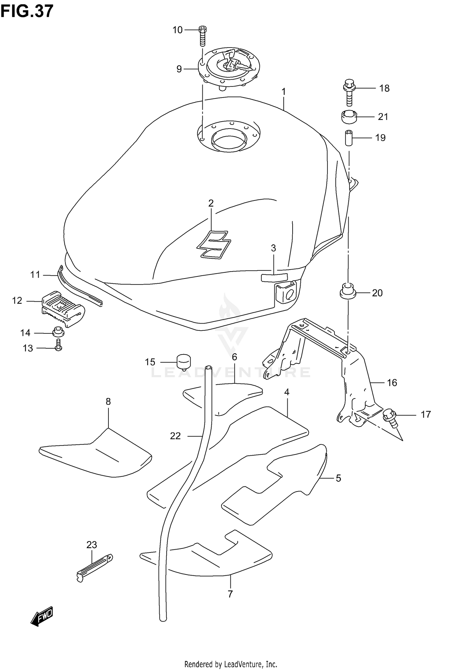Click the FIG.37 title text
27,11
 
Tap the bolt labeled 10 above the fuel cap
202,36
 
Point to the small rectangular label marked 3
274,277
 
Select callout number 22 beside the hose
175,436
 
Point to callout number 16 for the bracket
392,383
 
